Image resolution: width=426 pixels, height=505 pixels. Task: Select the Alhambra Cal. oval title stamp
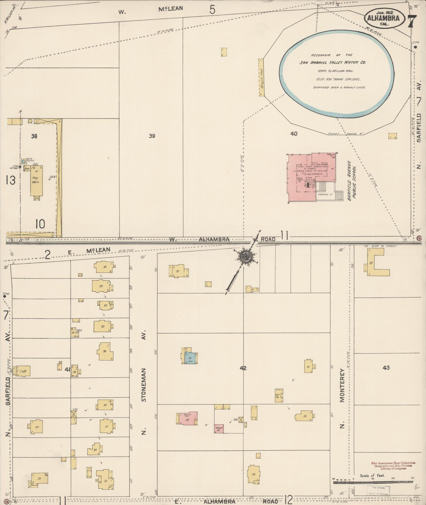pyautogui.click(x=385, y=18)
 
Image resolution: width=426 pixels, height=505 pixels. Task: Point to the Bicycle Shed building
pyautogui.click(x=261, y=77)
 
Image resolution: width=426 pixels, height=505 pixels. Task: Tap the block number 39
pyautogui.click(x=152, y=136)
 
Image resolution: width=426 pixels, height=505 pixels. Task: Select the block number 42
pyautogui.click(x=243, y=368)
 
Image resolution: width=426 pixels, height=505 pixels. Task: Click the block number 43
pyautogui.click(x=386, y=367)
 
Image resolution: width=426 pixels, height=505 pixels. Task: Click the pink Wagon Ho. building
pyautogui.click(x=219, y=428)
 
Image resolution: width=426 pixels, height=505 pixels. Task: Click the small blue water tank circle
pyautogui.click(x=24, y=161)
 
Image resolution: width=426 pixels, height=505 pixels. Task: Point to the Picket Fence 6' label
pyautogui.click(x=346, y=134)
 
